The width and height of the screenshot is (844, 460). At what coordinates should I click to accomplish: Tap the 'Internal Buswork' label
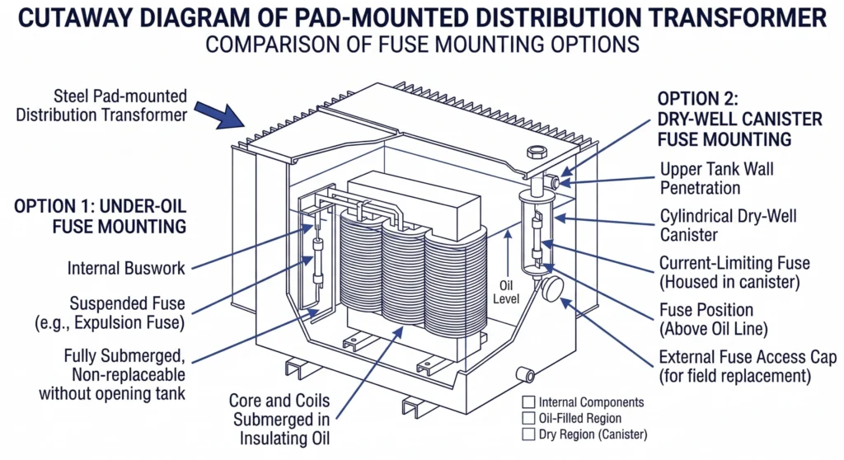point(126,268)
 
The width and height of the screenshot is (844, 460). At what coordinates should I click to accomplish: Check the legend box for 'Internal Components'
point(528,402)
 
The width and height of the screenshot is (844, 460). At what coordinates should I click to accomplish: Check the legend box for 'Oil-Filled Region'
point(528,418)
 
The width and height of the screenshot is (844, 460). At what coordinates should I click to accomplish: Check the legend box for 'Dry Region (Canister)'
point(528,434)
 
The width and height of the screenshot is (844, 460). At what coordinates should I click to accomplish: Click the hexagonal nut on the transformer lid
point(532,153)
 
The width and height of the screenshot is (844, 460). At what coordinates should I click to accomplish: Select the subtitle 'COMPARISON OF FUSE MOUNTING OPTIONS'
point(421,44)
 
